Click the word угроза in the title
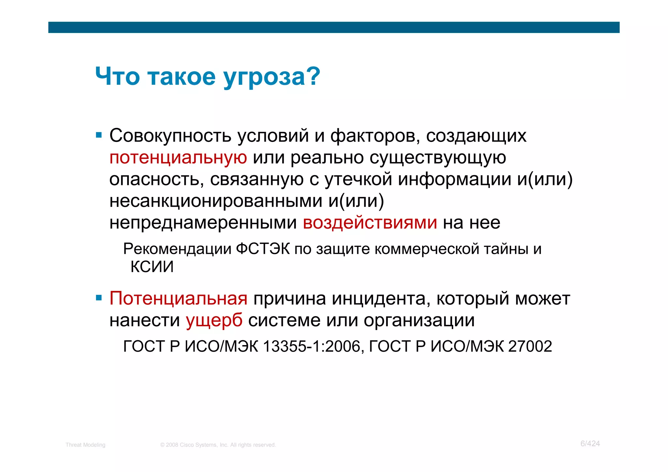(x=272, y=77)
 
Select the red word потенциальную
(x=178, y=158)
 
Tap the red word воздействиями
(x=370, y=223)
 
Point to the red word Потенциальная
(x=178, y=298)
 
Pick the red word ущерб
(x=214, y=320)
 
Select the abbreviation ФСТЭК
(x=263, y=249)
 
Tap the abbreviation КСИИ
(x=152, y=267)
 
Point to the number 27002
(x=530, y=346)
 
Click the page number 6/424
(x=590, y=444)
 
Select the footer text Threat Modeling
(x=85, y=445)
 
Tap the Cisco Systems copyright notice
(x=218, y=445)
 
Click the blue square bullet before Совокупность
(x=99, y=135)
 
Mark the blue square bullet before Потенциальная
(x=99, y=298)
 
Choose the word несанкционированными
(x=216, y=201)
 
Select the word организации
(x=419, y=320)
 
